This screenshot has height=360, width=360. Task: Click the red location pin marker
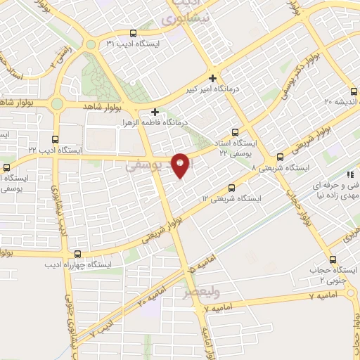click(x=181, y=165)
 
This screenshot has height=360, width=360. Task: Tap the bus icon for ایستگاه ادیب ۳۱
click(x=133, y=33)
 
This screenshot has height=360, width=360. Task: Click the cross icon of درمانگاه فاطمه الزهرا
click(x=155, y=111)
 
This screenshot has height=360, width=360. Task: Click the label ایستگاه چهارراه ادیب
click(x=77, y=265)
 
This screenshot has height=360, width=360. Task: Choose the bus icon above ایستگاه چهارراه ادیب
click(x=77, y=254)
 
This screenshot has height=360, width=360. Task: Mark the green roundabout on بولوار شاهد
click(x=58, y=104)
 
